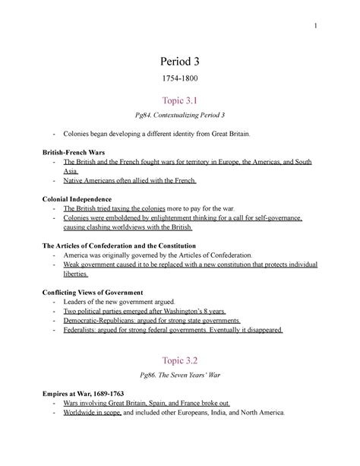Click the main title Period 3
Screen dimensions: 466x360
click(179, 59)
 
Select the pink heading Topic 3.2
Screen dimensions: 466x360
click(179, 360)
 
